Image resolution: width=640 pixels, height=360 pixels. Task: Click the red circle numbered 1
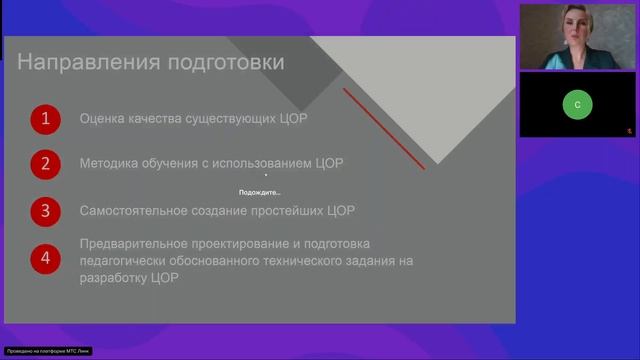tap(45, 120)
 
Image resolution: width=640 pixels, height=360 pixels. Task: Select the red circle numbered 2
tap(45, 164)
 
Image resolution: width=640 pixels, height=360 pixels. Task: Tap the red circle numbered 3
tap(45, 211)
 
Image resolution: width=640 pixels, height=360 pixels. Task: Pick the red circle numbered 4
tap(45, 258)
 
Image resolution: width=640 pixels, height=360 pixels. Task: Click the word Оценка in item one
tap(103, 120)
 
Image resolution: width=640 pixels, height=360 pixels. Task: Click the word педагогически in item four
tap(133, 261)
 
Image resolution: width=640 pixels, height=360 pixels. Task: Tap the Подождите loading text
tap(260, 192)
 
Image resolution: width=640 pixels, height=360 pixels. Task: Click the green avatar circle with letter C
tap(577, 103)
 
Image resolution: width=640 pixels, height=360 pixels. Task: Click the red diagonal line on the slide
tap(384, 127)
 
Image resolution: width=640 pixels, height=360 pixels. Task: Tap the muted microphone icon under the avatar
tap(629, 130)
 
